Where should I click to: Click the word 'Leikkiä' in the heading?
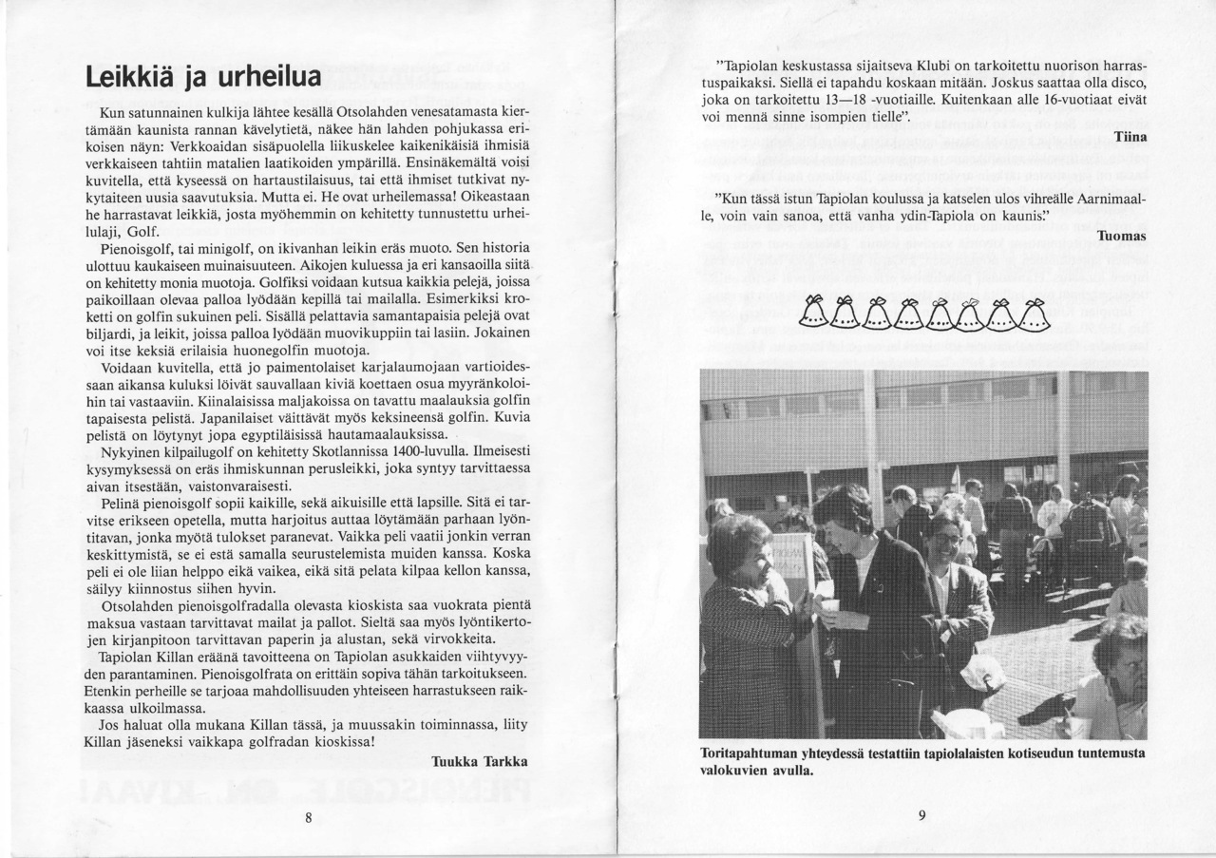click(128, 75)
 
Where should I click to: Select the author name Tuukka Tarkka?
click(479, 761)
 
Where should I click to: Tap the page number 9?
click(921, 815)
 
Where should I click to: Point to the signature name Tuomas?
click(1122, 236)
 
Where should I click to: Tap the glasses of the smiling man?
click(943, 539)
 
